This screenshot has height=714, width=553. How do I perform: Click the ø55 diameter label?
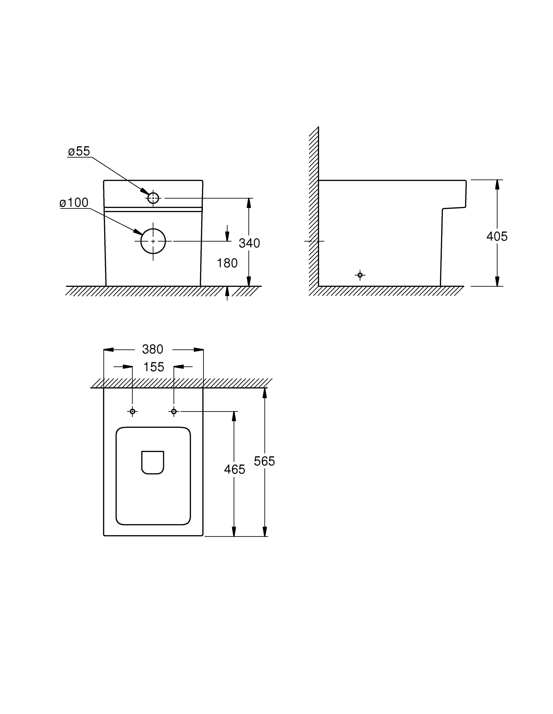[x=79, y=151]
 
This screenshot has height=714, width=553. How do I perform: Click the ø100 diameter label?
[x=74, y=203]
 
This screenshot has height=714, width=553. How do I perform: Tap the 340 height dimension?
[x=249, y=243]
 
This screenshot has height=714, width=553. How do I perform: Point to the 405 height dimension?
[x=497, y=236]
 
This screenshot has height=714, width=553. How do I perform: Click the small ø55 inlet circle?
[x=153, y=198]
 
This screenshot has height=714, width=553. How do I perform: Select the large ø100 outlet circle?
[x=153, y=241]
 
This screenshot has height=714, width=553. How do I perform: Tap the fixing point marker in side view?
[x=360, y=275]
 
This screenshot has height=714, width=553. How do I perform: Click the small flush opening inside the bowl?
[x=153, y=462]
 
